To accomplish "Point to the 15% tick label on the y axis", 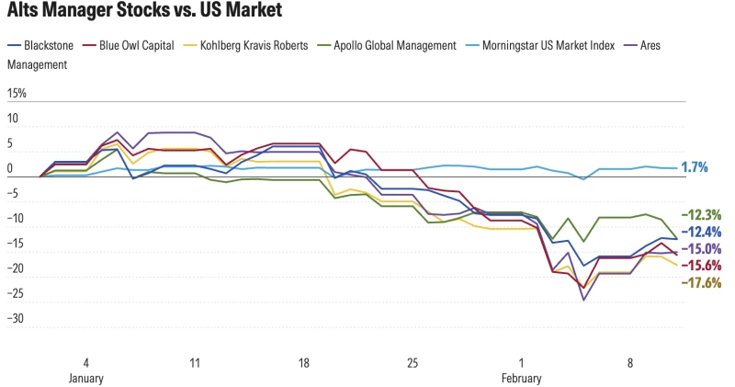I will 17,94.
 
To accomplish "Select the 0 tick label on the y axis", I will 9,170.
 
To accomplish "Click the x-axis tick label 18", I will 304,363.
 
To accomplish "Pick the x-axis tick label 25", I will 413,363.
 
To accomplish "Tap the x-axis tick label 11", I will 195,363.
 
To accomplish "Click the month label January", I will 85,378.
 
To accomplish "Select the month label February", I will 521,378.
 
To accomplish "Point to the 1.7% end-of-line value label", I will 695,167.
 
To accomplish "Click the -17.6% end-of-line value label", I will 701,283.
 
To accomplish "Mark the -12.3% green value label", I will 701,214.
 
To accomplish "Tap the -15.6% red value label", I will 701,266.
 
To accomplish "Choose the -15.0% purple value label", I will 701,249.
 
